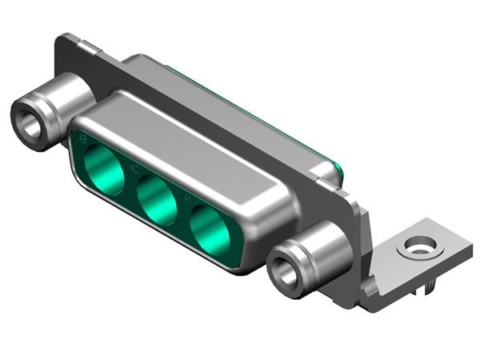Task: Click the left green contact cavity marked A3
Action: (104, 169)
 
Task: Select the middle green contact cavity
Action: (157, 200)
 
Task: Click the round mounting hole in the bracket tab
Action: (419, 246)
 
